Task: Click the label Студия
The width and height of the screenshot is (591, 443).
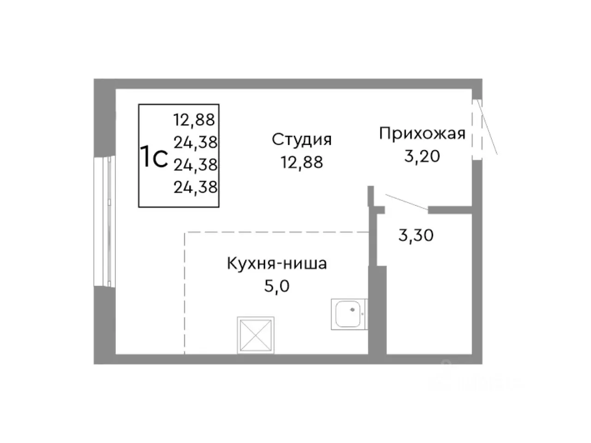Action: point(302,139)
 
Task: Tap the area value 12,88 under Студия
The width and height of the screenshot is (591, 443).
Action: point(302,162)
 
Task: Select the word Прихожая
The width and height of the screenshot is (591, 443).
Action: point(422,134)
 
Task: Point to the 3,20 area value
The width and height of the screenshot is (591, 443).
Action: point(422,156)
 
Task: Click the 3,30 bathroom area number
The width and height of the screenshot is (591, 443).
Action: point(416,236)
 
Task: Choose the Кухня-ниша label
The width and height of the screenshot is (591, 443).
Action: point(277,264)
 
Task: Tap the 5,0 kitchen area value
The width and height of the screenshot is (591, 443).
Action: point(277,287)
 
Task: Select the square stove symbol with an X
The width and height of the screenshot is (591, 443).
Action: point(256,335)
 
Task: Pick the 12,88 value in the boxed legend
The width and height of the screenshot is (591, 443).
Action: point(194,120)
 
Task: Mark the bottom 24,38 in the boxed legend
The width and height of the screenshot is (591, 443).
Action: point(195,187)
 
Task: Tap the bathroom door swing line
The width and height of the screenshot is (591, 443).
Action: point(406,203)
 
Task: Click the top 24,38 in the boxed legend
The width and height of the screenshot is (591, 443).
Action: point(195,143)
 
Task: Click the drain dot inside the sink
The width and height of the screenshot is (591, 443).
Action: point(353,311)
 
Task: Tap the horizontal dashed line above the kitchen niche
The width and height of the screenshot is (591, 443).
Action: point(277,233)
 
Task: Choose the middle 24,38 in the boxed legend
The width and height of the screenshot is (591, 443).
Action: point(195,165)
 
